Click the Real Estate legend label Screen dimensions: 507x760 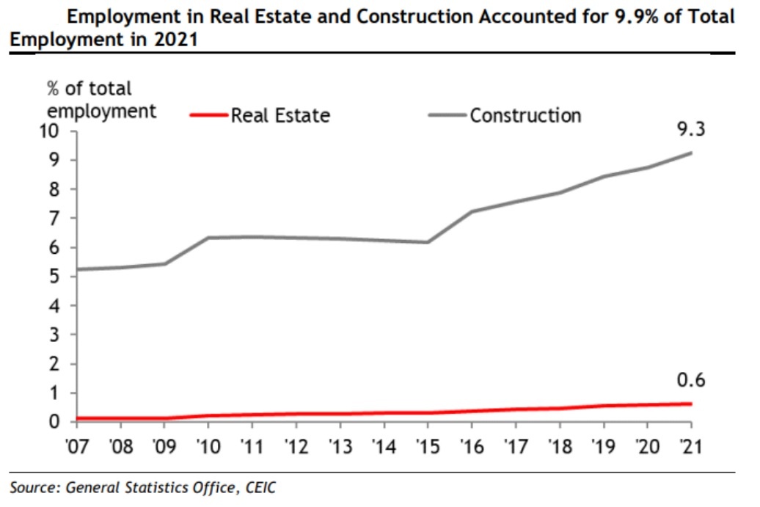280,116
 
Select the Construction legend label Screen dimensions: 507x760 525,115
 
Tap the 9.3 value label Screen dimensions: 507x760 690,131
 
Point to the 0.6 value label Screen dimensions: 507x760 690,381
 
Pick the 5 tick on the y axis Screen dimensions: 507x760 62,277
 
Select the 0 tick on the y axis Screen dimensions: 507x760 62,422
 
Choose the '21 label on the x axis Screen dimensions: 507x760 690,446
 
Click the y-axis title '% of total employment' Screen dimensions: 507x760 101,100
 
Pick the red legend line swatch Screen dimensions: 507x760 209,115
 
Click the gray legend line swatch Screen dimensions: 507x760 447,115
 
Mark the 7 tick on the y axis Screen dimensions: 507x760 62,219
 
